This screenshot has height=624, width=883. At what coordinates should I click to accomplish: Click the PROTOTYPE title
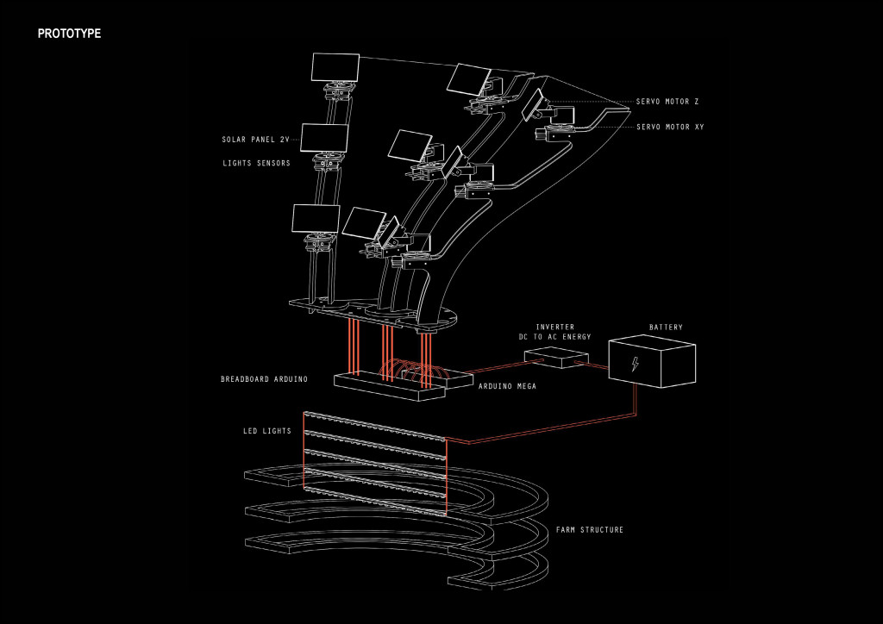pos(69,34)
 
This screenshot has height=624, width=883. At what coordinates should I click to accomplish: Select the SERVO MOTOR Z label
pos(667,102)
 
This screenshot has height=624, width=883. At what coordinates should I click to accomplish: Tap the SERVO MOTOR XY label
pos(670,128)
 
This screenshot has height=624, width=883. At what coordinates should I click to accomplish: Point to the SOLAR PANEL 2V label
pos(256,140)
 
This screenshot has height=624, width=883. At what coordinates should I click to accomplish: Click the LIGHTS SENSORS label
pos(256,163)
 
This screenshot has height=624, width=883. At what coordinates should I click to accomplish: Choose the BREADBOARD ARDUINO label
pos(264,379)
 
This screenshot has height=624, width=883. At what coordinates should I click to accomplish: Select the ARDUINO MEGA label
pos(507,386)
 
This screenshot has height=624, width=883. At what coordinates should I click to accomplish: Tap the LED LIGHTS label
pos(267,431)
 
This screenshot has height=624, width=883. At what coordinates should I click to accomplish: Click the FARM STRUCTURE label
pos(590,530)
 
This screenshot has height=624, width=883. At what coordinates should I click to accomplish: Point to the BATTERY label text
pos(666,328)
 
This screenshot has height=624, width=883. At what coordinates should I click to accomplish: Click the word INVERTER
pos(554,327)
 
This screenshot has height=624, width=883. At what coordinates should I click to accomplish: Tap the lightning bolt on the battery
pos(636,364)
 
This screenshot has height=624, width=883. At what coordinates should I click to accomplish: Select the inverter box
pos(556,358)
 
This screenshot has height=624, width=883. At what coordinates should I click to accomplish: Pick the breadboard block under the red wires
pos(390,386)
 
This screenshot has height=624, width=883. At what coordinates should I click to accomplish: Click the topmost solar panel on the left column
pos(335,67)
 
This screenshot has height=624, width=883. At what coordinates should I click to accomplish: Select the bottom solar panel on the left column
pos(316,219)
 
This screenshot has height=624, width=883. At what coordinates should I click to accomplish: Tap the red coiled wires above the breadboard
pos(410,369)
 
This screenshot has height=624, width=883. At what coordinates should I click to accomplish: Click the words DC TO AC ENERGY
pos(554,337)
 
